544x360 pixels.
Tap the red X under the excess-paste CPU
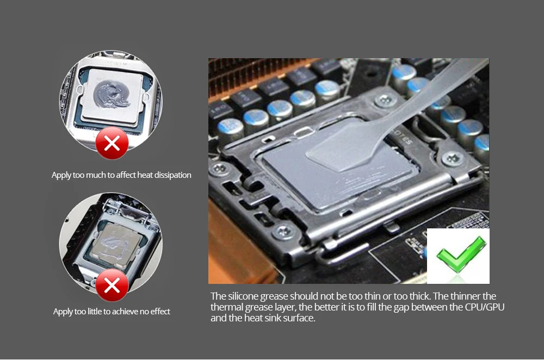(x=112, y=143)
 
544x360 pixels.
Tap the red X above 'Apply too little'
(x=112, y=285)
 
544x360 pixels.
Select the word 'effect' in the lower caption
(x=160, y=312)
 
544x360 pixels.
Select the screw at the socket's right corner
(x=453, y=159)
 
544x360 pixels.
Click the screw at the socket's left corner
(x=219, y=169)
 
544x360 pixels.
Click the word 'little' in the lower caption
(x=95, y=312)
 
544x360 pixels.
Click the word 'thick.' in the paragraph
(x=420, y=296)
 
